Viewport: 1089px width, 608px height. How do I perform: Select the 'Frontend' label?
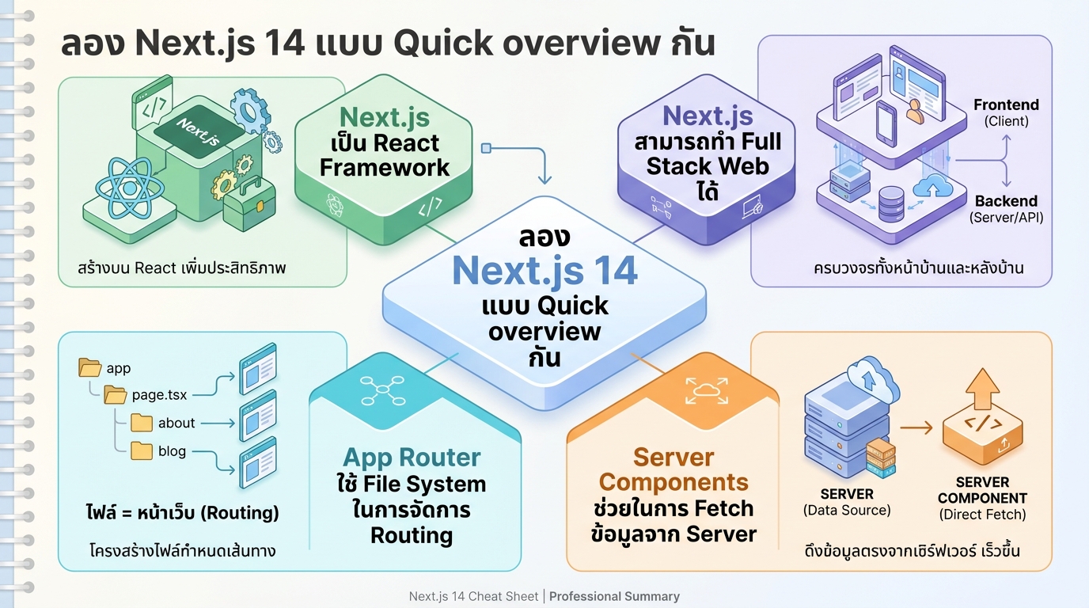(x=1006, y=104)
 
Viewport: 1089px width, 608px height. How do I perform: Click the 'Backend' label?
(x=1006, y=201)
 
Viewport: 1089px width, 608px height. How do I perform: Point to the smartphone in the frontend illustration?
(x=886, y=123)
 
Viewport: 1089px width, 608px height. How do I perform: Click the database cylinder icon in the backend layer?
(x=891, y=203)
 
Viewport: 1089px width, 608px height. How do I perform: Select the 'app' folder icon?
(x=90, y=367)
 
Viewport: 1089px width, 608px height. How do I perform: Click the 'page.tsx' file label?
(x=159, y=394)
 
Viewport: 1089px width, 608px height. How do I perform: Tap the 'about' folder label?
(x=176, y=423)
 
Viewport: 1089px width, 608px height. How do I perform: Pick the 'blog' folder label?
(x=172, y=451)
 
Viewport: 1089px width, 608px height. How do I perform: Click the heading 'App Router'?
(x=412, y=457)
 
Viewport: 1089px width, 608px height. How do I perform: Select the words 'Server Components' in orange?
(x=674, y=469)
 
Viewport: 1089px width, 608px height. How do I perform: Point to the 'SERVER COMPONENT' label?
(x=982, y=490)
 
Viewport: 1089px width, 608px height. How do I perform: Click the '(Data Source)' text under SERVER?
(x=847, y=511)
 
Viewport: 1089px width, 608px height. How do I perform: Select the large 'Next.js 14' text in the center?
(x=544, y=271)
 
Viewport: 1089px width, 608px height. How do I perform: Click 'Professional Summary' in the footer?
(x=614, y=596)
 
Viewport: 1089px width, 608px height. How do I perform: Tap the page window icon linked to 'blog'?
(x=258, y=459)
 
